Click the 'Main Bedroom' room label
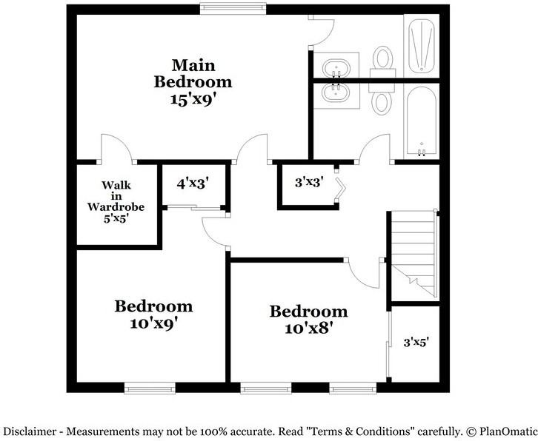193,73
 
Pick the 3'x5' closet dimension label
416,343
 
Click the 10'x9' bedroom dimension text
153,323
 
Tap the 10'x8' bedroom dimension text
308,328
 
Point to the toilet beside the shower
383,59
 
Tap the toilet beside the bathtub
382,96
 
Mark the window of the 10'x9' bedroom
150,387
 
